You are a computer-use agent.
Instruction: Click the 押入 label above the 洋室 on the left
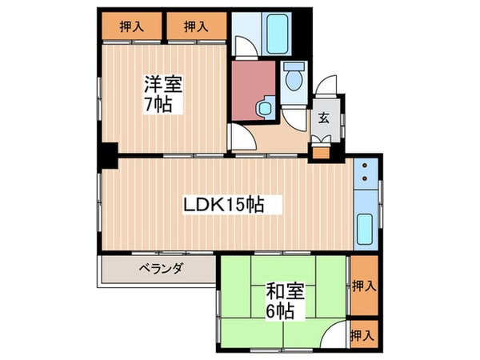pos(133,26)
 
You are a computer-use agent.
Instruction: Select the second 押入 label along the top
pos(196,26)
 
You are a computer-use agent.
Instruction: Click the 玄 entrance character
pos(324,118)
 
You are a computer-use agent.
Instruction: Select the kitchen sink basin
pos(366,230)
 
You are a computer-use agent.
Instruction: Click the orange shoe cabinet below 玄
pos(323,149)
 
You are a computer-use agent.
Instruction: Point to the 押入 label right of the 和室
pos(363,285)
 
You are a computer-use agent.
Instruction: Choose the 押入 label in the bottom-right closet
pos(363,334)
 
